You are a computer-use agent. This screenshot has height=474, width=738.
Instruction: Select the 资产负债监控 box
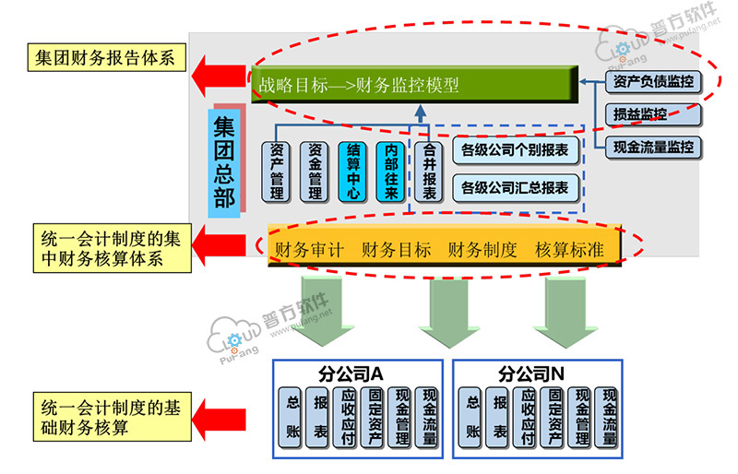tap(653, 82)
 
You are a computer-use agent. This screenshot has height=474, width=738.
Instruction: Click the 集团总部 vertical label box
tap(224, 160)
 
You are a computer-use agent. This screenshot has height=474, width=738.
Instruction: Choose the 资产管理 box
tap(277, 172)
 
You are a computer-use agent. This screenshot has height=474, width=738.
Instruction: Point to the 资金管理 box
tap(315, 172)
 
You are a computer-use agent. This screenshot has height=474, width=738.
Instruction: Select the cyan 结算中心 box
tap(353, 172)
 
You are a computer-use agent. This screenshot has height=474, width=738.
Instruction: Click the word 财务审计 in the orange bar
tap(309, 249)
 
